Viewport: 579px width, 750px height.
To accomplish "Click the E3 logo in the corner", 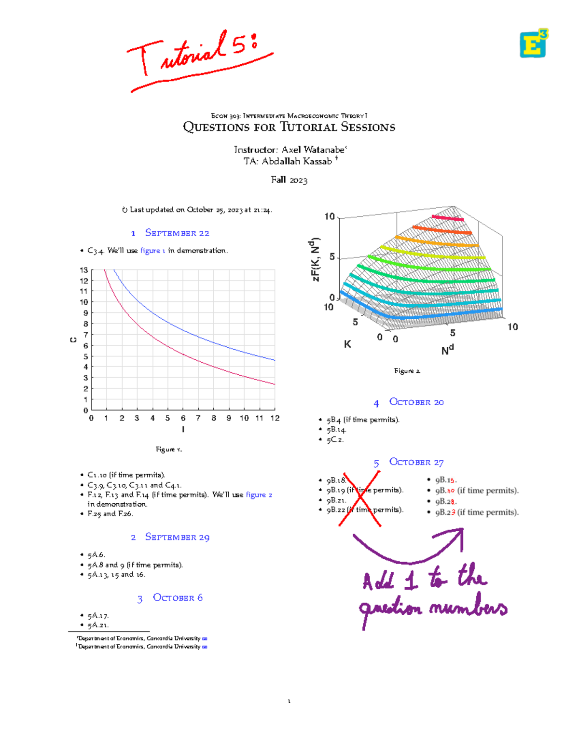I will point(534,43).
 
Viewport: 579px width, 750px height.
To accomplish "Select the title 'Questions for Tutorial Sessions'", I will point(289,127).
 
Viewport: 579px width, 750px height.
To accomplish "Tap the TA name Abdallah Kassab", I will point(296,161).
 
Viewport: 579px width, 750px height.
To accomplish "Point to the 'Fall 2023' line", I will point(289,180).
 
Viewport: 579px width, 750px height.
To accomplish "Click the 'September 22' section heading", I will point(177,233).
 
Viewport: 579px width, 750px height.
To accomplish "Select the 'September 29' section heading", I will point(177,537).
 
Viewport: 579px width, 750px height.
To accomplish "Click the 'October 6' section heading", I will point(177,597).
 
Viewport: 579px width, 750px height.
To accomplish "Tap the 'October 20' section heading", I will point(416,402).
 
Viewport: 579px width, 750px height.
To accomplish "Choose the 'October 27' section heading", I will point(416,462).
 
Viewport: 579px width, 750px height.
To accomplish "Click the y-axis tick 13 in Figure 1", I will point(84,270).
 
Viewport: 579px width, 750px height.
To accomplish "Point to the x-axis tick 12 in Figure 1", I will point(275,418).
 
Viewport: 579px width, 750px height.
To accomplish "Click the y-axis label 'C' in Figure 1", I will point(73,340).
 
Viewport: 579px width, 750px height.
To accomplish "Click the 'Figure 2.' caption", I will point(407,371).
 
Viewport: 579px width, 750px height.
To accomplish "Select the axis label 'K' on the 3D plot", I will point(347,344).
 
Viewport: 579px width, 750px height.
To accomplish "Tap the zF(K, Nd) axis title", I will point(316,259).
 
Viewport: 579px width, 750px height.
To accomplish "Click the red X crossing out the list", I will point(360,499).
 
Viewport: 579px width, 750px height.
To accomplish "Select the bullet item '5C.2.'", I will point(335,439).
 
